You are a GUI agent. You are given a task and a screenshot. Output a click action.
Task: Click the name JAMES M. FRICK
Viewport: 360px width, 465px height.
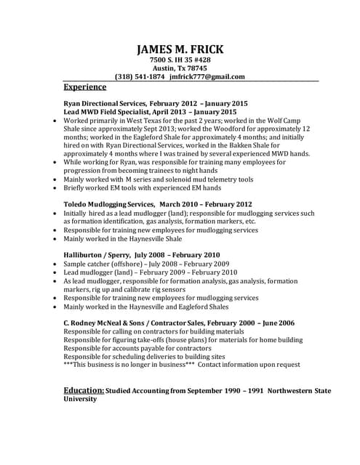pos(180,49)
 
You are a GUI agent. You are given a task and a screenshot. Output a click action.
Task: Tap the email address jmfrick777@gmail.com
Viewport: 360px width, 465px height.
pos(207,76)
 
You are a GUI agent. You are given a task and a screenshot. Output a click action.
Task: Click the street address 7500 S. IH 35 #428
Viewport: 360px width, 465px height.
pos(180,60)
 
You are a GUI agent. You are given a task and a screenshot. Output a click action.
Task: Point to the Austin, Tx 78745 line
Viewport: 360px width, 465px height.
pos(180,68)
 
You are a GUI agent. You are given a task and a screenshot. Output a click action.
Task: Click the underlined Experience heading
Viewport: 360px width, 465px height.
pos(85,86)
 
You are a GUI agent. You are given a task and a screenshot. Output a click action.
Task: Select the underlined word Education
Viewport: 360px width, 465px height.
pos(84,390)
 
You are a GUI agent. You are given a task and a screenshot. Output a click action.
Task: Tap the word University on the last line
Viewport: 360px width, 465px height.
pos(81,399)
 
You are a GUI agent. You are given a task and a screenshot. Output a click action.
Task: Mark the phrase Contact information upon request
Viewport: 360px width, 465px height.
pos(249,364)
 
